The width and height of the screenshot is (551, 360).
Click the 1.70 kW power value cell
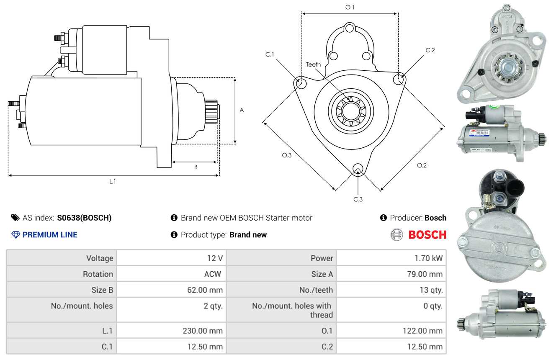tap(428, 258)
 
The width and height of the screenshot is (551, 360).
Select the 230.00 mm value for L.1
tap(203, 331)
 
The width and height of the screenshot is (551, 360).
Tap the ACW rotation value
tap(213, 274)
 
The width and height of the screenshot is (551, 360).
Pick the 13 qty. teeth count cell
tap(431, 290)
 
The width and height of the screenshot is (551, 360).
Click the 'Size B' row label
tap(102, 290)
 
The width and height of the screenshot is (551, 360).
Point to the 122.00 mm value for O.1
tap(422, 331)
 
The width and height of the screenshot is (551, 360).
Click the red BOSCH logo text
tap(427, 234)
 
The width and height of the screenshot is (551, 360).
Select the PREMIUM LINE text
tap(50, 234)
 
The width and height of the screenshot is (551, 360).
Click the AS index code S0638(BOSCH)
tap(85, 218)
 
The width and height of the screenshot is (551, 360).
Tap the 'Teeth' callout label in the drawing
tap(313, 64)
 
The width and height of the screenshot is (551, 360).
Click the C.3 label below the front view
tap(358, 199)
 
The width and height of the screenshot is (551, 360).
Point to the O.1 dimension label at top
tap(350, 7)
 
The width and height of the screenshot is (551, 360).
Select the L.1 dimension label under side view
tap(112, 182)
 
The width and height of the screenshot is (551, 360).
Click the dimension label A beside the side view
tap(242, 110)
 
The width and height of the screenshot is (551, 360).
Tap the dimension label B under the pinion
tap(196, 167)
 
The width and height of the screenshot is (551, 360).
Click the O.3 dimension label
tap(286, 155)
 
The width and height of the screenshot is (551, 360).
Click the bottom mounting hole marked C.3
tap(358, 169)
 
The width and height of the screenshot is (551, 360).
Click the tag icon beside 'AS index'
tap(15, 218)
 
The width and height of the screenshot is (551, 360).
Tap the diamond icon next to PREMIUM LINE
tap(16, 234)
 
